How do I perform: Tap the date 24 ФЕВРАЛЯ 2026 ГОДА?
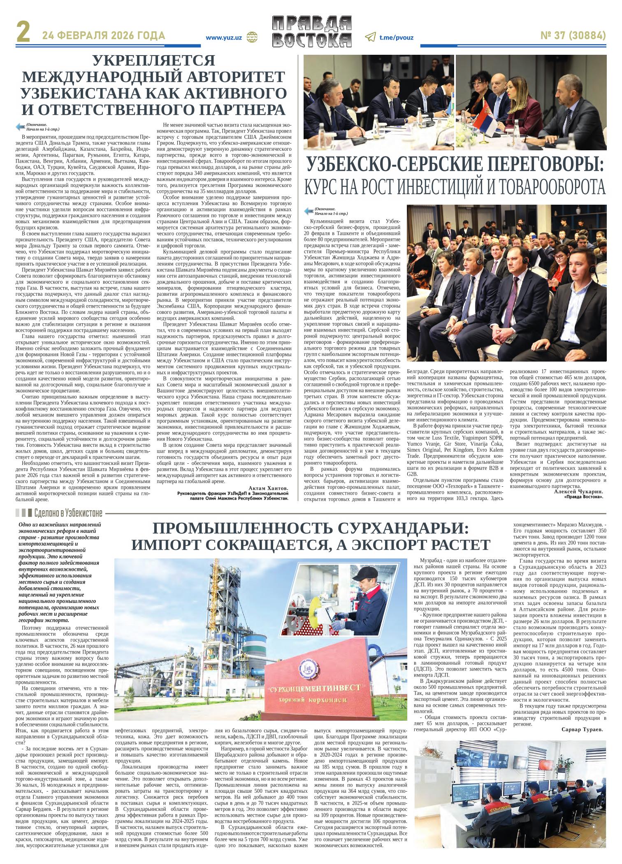[x=104, y=36]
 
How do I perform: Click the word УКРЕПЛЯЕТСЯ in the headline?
[x=154, y=61]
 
